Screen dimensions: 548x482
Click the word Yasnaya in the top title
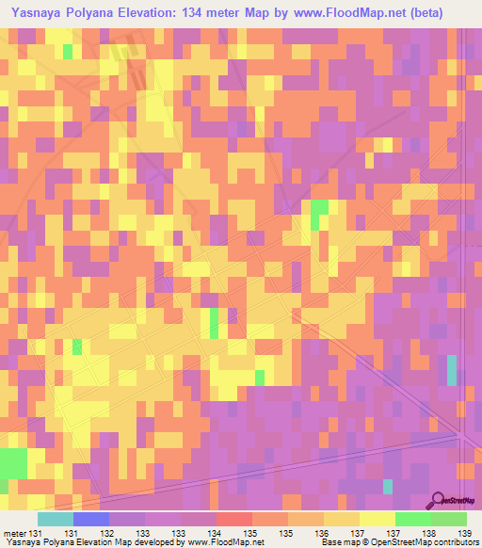click(37, 12)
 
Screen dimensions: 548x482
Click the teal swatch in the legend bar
click(56, 519)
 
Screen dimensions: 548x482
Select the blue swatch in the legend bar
click(91, 519)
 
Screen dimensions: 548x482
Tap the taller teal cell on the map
click(452, 370)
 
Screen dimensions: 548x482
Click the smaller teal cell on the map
click(388, 486)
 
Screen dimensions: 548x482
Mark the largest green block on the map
click(13, 464)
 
